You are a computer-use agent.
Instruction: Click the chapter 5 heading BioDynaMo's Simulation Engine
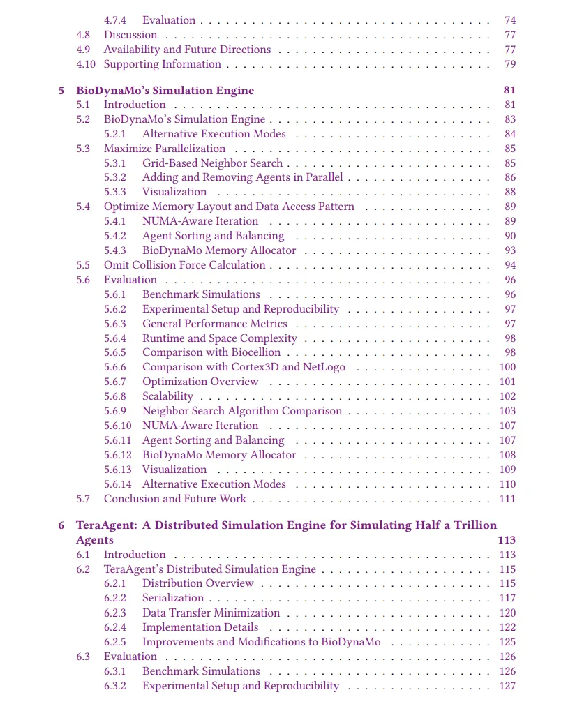point(165,91)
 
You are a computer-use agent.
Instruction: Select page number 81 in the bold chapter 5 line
point(509,91)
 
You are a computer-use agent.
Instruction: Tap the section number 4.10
point(86,64)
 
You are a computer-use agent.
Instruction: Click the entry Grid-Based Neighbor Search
point(212,163)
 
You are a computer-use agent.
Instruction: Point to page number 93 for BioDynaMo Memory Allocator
point(510,250)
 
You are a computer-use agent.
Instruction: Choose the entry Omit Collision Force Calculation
point(184,265)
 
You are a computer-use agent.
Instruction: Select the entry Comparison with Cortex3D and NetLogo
point(244,367)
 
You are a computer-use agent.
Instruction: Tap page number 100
point(507,367)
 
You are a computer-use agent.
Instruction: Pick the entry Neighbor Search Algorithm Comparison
point(242,411)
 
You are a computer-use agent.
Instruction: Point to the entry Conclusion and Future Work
point(174,499)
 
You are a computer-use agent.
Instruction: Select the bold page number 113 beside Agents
point(507,540)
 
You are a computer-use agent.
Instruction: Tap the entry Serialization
point(173,598)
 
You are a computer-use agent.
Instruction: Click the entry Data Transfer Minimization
point(211,613)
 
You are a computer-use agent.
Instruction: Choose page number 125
point(507,642)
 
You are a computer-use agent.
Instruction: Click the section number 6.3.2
point(115,686)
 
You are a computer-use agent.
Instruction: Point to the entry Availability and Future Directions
point(187,50)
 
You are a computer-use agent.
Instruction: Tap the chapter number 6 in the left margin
point(61,525)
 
